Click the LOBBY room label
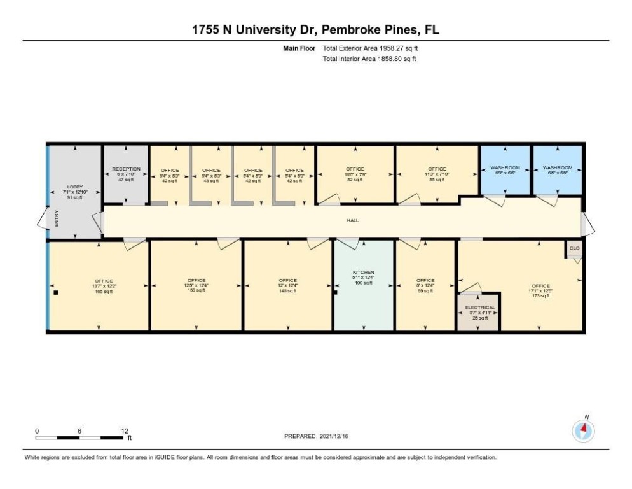coord(74,187)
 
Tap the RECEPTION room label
coord(126,169)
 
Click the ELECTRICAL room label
coord(480,308)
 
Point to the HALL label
coord(352,220)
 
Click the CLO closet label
coord(574,248)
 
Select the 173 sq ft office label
coord(540,286)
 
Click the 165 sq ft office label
coord(104,281)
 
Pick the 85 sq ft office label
coord(437,169)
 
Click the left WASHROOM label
coord(505,168)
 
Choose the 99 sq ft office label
coord(425,280)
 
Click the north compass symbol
coord(583,431)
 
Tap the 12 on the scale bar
coord(124,430)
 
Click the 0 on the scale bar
coord(37,430)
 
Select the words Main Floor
coord(299,48)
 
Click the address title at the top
coord(316,30)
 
